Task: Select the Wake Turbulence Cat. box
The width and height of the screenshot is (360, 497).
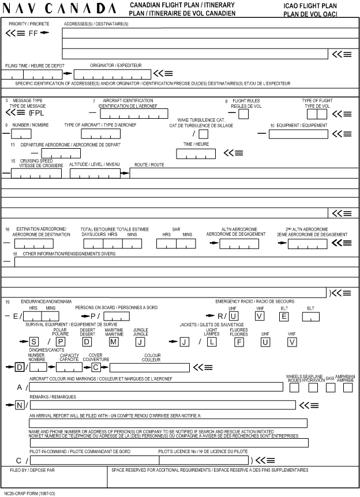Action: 203,134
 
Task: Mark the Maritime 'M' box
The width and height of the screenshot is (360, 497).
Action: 114,342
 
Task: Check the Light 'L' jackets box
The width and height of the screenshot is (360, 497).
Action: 212,342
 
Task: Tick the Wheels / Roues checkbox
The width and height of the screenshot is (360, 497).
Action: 294,387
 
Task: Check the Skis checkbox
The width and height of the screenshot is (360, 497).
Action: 330,387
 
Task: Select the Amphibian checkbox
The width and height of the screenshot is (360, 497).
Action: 348,387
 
